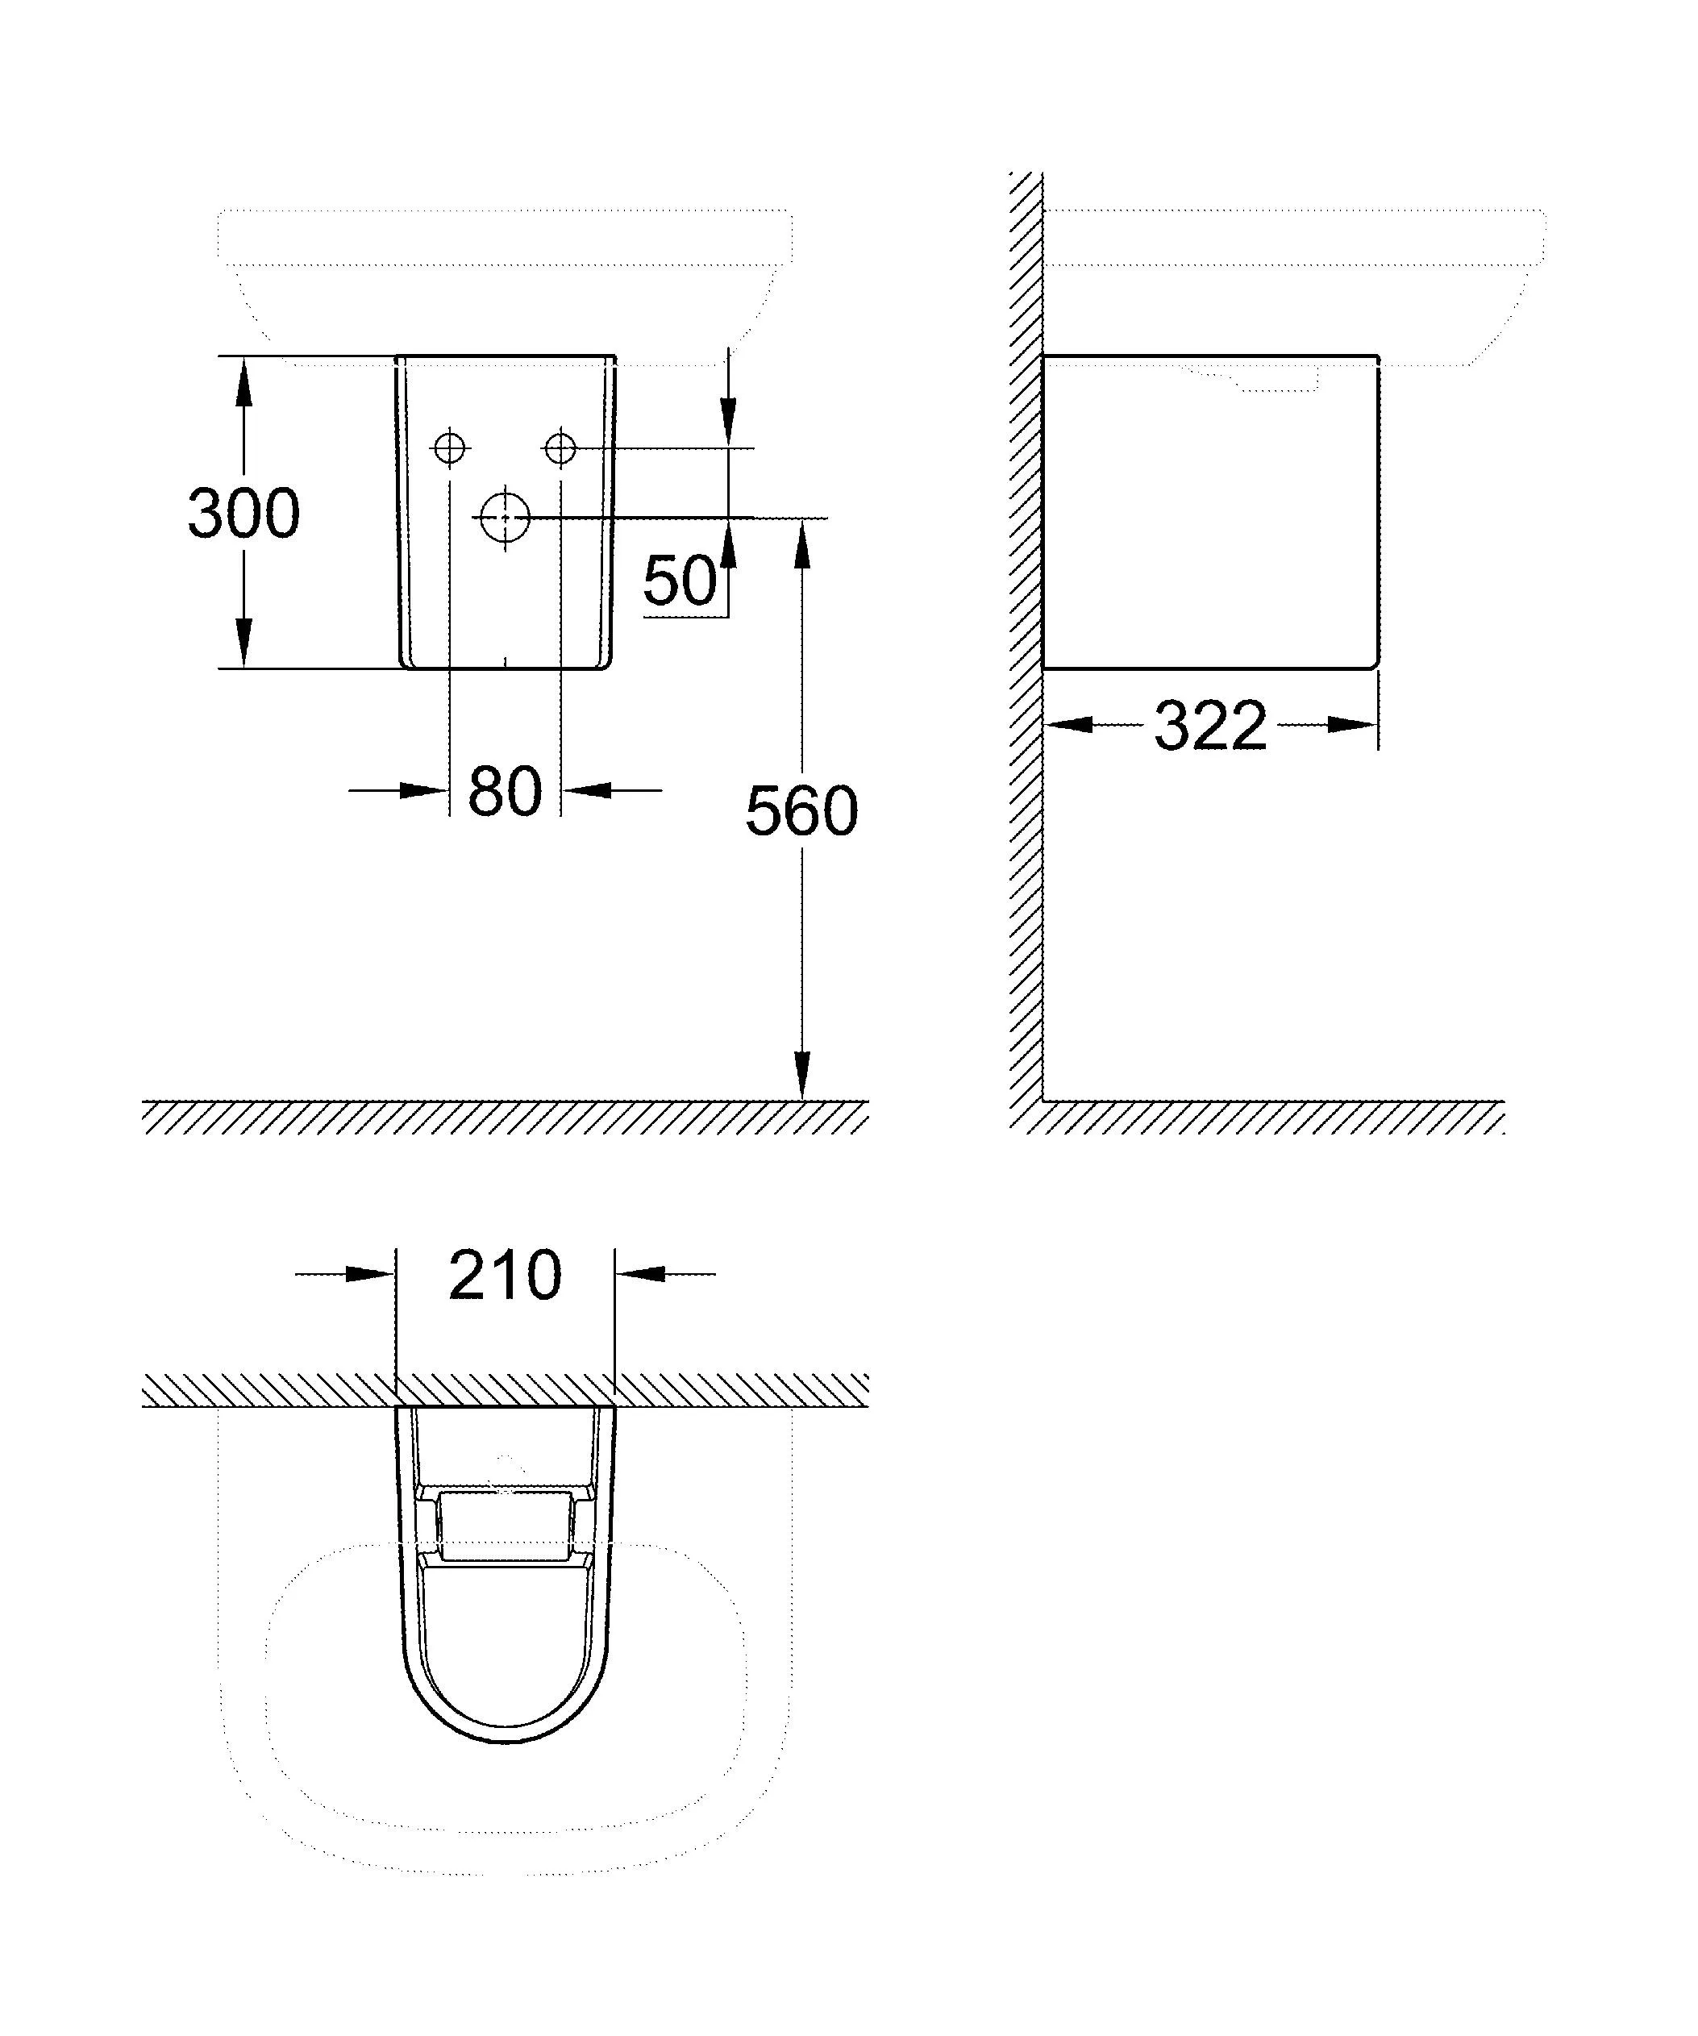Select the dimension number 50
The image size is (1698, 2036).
coord(680,581)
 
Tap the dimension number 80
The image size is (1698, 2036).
coord(504,791)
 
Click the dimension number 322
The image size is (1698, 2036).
coord(1210,724)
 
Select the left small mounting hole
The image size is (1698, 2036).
coord(450,448)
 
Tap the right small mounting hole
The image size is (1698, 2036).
coord(560,448)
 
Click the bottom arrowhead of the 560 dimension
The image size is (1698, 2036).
coord(801,1076)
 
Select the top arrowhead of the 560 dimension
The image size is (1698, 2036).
coord(801,543)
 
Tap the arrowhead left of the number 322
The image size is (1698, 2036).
coord(1069,724)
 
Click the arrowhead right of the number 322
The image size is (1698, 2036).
coord(1353,724)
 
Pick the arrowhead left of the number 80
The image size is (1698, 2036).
coord(424,791)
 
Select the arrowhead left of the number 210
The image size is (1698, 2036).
coord(370,1274)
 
